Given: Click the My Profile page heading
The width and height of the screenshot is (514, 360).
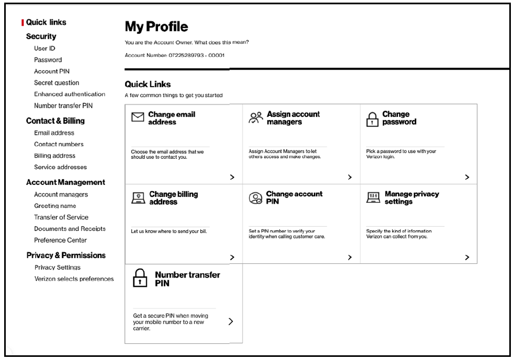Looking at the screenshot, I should tap(156, 27).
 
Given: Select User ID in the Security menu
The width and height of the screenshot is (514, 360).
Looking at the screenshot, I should tap(44, 49).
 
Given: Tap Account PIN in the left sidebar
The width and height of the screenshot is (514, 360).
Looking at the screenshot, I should tap(52, 72).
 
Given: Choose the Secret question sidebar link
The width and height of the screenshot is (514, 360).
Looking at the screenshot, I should tap(56, 83).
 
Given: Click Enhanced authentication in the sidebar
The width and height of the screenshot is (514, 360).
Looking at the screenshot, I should tap(70, 95).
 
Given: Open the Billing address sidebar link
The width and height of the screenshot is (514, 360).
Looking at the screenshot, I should tap(54, 156).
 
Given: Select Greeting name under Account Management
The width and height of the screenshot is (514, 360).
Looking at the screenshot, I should tap(55, 206).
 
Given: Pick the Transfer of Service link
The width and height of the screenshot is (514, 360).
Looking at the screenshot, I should tap(61, 217).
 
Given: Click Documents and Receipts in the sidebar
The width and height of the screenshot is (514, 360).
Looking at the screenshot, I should tap(70, 229).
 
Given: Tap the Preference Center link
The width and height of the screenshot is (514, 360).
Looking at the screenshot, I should tap(60, 240).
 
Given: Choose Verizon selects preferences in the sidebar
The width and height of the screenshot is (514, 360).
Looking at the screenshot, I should tap(74, 279).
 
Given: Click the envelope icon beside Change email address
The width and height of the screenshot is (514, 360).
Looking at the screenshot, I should tap(138, 118).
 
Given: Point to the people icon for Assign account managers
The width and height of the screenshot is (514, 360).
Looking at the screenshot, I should tap(255, 118).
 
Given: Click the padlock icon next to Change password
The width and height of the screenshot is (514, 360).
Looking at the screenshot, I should tap(372, 119).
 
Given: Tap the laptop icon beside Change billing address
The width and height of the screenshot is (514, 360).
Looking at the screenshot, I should tap(138, 198).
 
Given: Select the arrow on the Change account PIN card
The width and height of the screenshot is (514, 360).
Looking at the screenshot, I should tap(350, 258).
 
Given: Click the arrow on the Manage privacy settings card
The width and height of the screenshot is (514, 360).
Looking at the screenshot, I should tap(467, 258).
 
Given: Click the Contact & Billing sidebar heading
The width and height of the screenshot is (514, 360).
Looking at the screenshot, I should tap(55, 121).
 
